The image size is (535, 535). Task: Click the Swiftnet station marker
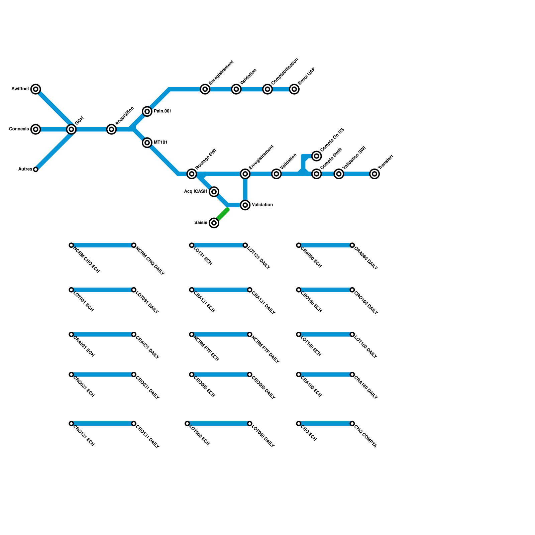(36, 89)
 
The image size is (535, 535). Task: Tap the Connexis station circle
(36, 129)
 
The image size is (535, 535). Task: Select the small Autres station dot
(36, 170)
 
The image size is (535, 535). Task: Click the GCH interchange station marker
(71, 129)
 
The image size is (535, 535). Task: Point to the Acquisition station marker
(111, 129)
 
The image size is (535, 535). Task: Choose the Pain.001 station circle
(147, 111)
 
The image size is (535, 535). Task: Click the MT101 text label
(160, 142)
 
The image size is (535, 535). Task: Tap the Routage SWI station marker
(192, 174)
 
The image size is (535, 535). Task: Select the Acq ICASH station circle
(214, 192)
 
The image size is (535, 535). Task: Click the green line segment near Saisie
(222, 215)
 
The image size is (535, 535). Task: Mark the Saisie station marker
(214, 223)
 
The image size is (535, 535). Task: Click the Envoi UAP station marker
(294, 89)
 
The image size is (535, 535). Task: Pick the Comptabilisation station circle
(267, 89)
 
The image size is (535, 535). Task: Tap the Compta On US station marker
(317, 156)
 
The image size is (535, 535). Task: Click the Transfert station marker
(375, 174)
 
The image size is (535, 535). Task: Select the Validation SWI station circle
(339, 174)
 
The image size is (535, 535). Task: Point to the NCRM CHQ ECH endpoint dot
(71, 245)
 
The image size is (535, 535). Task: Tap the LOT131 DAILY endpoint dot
(245, 245)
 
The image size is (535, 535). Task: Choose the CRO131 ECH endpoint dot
(71, 424)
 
